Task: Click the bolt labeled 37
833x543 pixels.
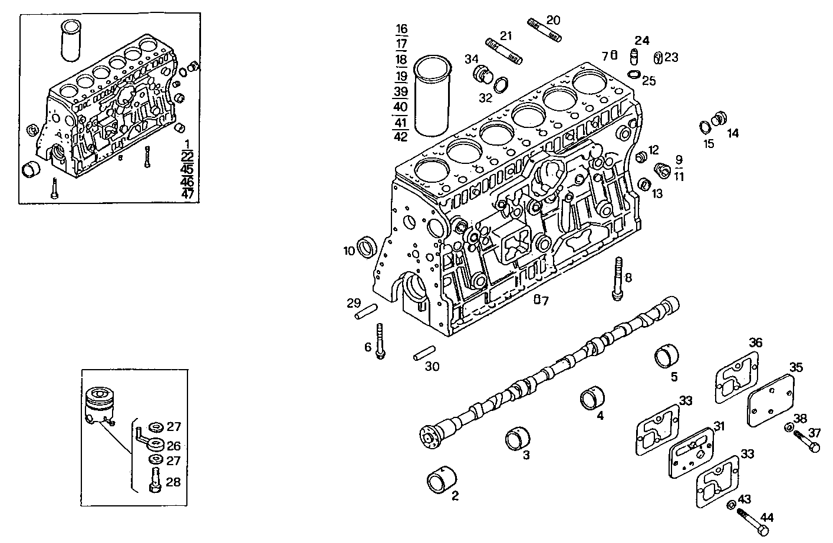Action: [x=806, y=442]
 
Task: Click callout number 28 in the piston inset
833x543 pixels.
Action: [x=173, y=482]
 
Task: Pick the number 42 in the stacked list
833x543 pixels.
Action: [x=400, y=136]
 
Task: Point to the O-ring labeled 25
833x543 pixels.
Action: [x=634, y=74]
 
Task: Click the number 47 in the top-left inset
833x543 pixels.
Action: [x=187, y=193]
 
